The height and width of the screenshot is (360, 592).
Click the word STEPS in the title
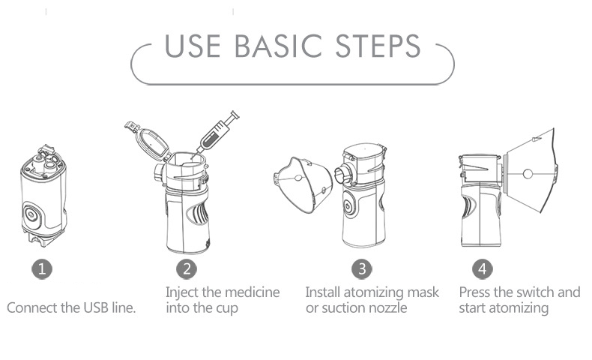(x=378, y=46)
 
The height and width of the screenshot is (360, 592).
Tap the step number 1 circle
(x=41, y=269)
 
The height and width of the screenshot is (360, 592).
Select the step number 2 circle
(x=187, y=269)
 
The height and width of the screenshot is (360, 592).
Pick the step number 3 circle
(x=362, y=269)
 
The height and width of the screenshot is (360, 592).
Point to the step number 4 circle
(x=482, y=269)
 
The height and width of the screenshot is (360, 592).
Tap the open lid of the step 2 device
(x=148, y=140)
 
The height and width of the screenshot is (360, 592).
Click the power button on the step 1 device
(x=31, y=215)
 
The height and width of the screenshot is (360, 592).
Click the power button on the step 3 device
(x=348, y=204)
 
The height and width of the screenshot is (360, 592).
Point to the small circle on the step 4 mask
(x=528, y=174)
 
